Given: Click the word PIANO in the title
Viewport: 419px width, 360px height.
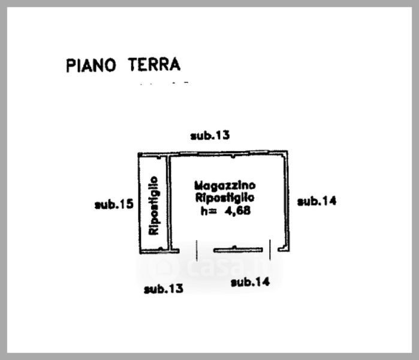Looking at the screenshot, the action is pos(91,65).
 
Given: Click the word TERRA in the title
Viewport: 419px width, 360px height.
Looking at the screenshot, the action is pos(154,64).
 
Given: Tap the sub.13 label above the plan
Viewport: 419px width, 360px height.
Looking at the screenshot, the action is pos(210,136).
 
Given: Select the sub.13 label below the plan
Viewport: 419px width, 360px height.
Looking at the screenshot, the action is pos(164,289).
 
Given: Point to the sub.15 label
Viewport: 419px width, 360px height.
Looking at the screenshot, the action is pos(114,205).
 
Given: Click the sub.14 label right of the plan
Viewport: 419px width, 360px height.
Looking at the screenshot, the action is pos(317,201).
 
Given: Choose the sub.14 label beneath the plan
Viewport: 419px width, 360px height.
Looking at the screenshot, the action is pos(251,282).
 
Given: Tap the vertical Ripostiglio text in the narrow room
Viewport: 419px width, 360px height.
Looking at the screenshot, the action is pos(154,206).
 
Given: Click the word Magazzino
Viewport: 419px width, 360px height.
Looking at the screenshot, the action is pos(225,185).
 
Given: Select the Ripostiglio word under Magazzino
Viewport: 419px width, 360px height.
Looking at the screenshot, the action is pos(225,198).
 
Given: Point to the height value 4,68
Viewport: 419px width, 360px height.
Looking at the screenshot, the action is pos(238,211).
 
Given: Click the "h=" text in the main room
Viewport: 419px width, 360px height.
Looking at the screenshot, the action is pos(209,211).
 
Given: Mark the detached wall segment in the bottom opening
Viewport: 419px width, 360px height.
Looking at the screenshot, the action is pos(238,250).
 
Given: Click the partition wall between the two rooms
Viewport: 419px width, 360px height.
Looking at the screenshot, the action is pos(169,203).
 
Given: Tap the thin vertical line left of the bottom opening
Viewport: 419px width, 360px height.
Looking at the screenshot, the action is pos(197,250).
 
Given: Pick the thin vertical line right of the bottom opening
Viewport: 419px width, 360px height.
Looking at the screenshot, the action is pos(270,250).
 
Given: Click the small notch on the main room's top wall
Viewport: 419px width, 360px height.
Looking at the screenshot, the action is pos(233,156).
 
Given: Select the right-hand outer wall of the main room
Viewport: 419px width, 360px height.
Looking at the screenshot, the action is pos(287,201).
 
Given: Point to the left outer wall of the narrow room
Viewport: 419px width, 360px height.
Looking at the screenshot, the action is pos(139,203).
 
